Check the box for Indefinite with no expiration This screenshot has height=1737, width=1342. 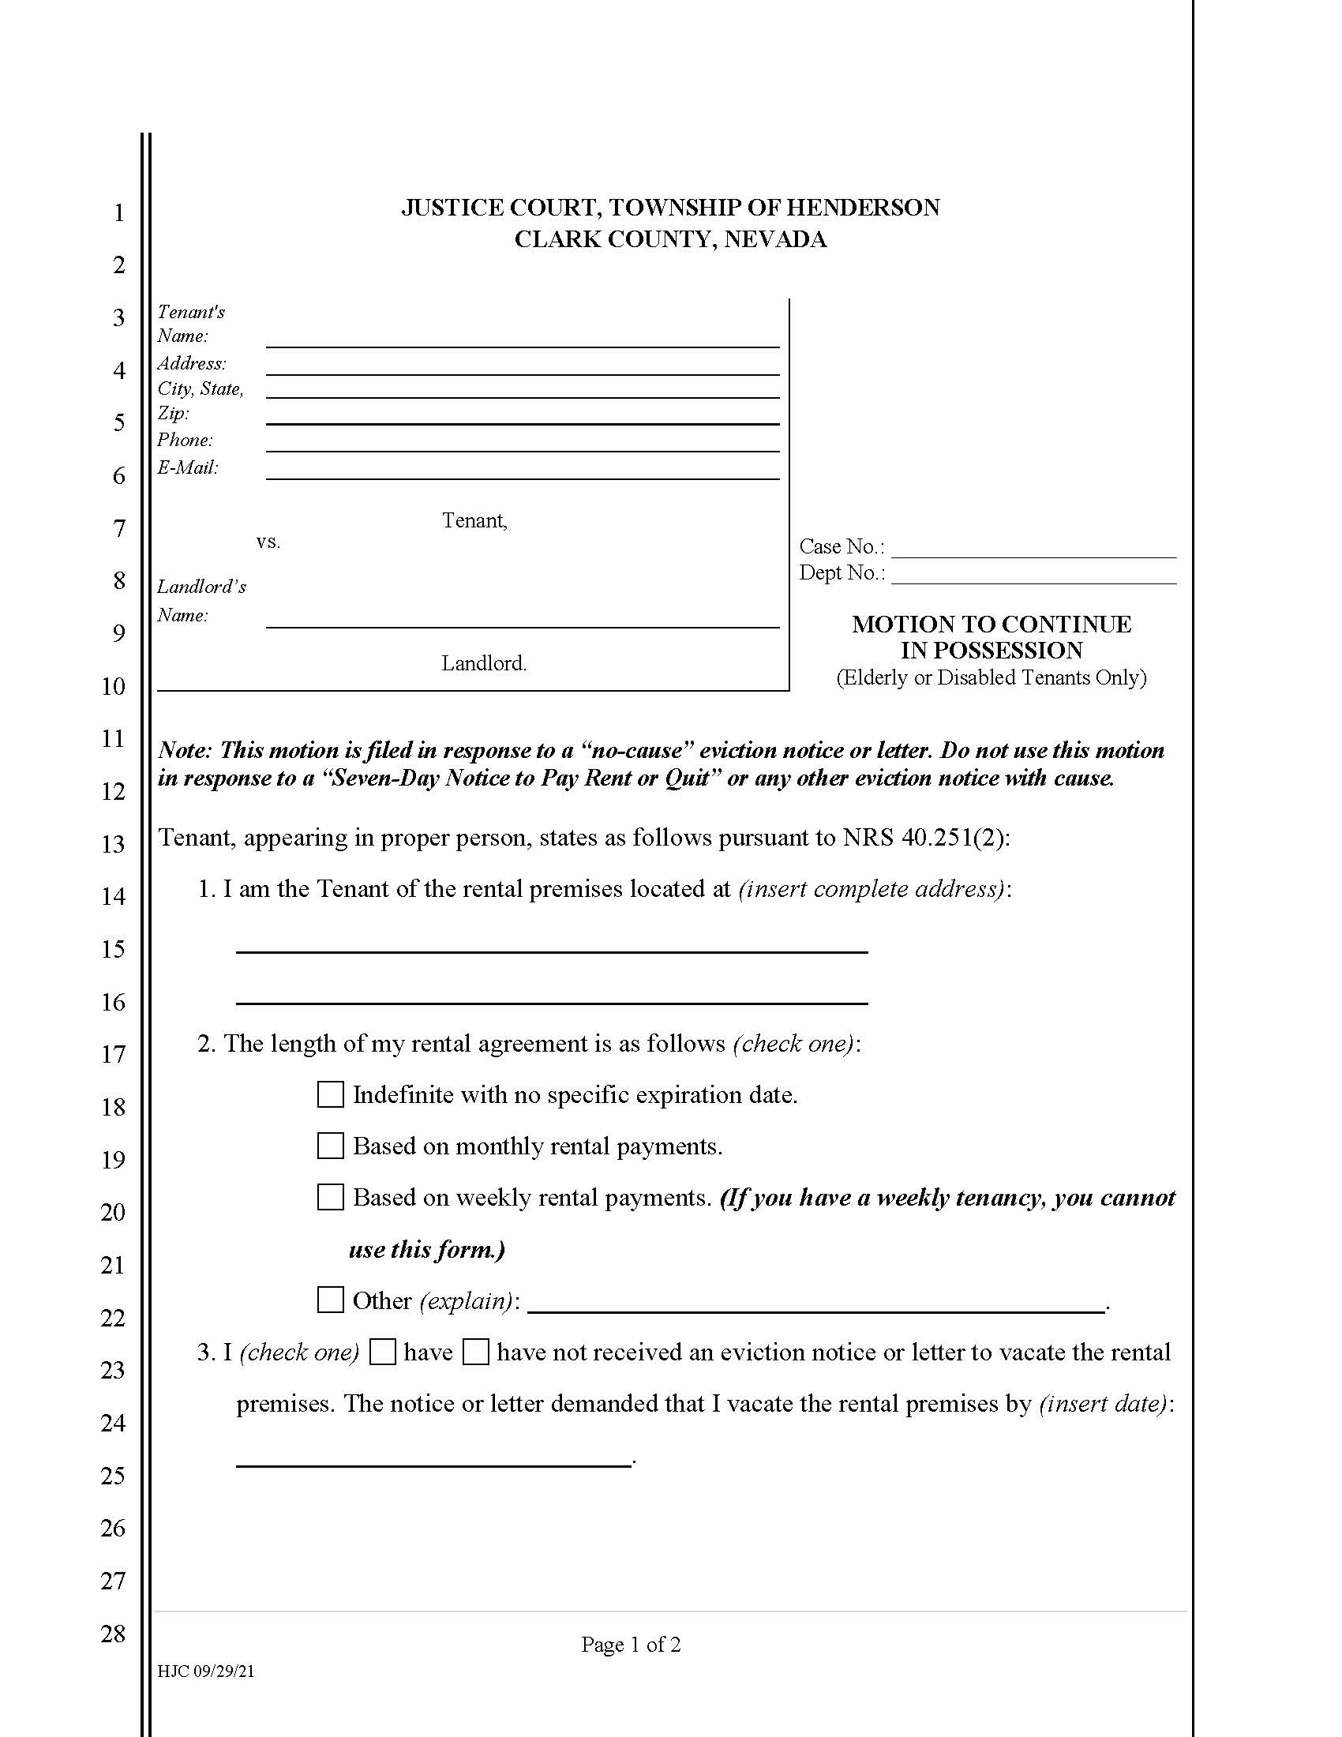pos(330,1094)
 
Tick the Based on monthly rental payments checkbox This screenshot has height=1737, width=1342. pos(330,1146)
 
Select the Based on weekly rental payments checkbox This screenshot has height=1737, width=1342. pos(330,1197)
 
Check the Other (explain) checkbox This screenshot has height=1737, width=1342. pos(330,1300)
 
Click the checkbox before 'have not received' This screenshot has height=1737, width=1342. pos(475,1352)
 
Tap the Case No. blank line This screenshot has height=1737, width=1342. pos(1033,550)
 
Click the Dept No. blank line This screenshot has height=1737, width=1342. pos(1033,575)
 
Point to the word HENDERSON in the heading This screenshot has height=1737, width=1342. pos(863,208)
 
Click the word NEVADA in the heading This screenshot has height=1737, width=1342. pos(775,239)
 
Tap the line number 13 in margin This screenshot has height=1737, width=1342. pos(114,844)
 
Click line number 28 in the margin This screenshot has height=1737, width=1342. pos(114,1634)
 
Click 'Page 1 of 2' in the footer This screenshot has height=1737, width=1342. pos(631,1645)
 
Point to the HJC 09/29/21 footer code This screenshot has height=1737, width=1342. pos(206,1671)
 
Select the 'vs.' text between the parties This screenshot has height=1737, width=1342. pos(268,542)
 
